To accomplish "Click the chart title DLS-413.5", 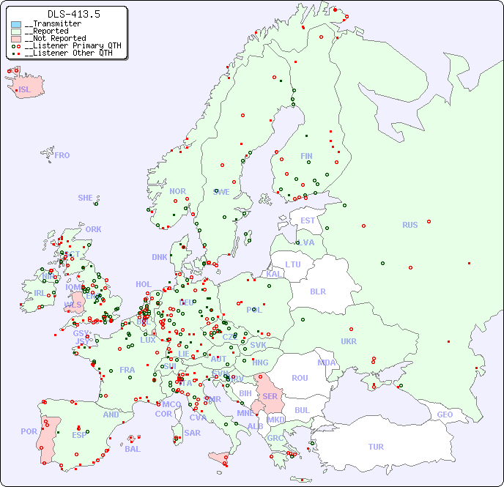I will [73, 14].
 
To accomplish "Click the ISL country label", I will [25, 90].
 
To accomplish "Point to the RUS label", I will [409, 226].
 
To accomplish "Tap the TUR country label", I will [375, 447].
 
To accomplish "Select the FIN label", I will [306, 156].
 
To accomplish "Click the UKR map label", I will [349, 342].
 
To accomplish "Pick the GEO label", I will [445, 415].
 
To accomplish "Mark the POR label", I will [29, 432].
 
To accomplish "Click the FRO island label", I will [62, 156].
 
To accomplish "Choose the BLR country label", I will [318, 291].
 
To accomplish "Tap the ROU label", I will [300, 379].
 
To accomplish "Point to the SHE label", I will [86, 198].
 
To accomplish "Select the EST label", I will [308, 221].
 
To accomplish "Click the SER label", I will [270, 397].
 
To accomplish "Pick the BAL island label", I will [133, 449].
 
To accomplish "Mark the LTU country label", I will [293, 264].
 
